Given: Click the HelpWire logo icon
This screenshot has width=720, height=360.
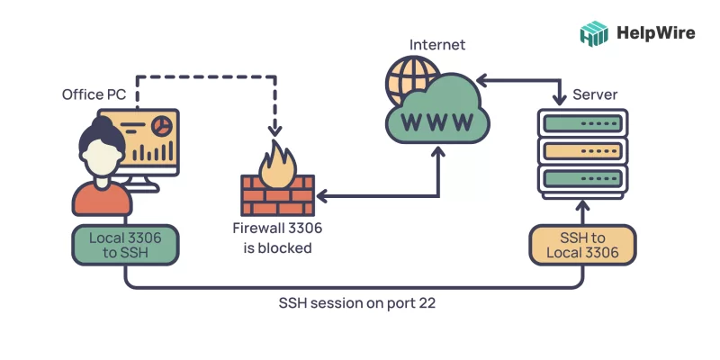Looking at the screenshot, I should coord(593,33).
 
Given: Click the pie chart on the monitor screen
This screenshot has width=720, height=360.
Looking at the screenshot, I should coord(164,123).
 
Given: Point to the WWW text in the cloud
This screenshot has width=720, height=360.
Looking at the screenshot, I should coord(436,119).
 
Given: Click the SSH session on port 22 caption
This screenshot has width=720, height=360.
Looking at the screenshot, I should coord(358,303).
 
